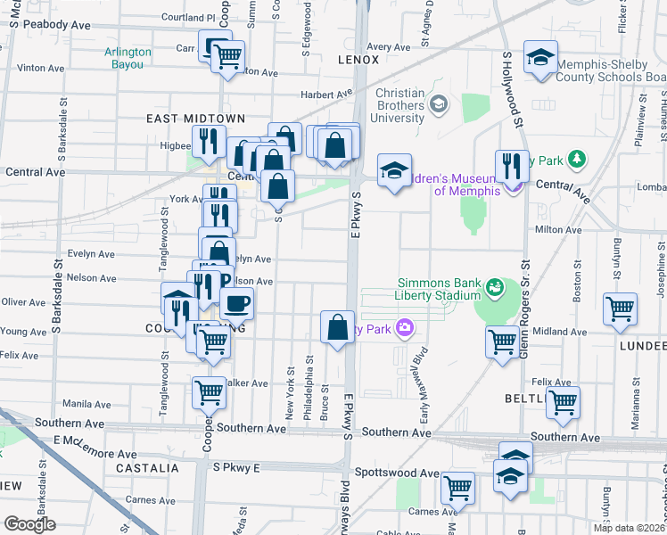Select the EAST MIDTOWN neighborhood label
[183, 119]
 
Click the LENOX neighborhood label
[358, 60]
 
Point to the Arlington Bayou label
[128, 57]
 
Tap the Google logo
[29, 524]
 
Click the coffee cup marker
[236, 303]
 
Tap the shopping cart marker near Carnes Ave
[458, 487]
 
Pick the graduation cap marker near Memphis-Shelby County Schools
[539, 57]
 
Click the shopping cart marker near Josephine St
[619, 309]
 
